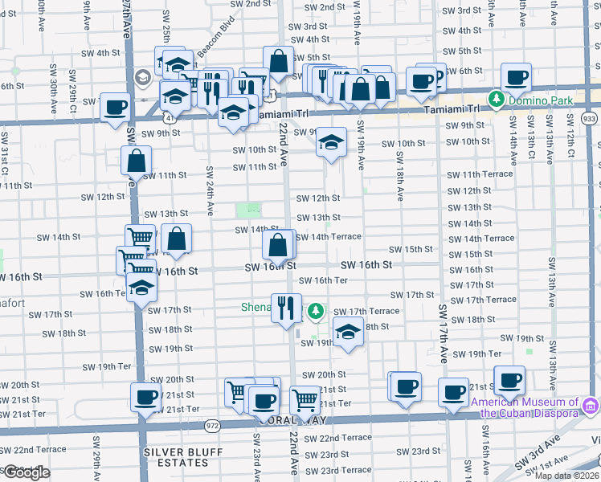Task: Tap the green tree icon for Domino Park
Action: coord(497,100)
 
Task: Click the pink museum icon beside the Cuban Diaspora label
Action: coord(591,403)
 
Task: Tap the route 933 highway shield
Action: coord(590,119)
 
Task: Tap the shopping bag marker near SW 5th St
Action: coord(278,61)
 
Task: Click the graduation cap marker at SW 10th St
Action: coord(330,142)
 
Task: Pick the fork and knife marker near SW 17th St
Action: coord(286,308)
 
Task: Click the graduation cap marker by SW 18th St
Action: coord(347,333)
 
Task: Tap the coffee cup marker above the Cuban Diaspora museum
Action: coord(509,381)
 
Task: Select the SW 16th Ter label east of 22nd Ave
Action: coord(323,280)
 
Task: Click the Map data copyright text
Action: coord(566,476)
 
